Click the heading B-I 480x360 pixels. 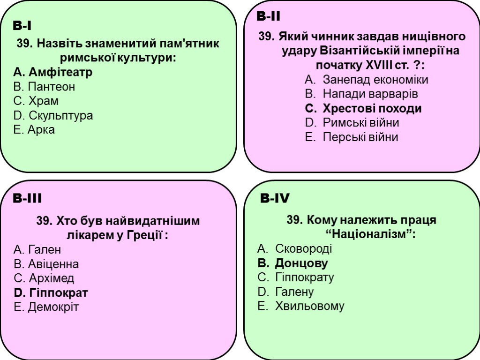22,25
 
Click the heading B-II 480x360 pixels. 269,17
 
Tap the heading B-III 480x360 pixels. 27,199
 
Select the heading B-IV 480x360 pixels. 275,199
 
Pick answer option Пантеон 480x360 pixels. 45,87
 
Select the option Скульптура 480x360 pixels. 53,115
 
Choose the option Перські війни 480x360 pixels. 352,137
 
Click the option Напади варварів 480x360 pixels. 361,94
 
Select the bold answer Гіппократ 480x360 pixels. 51,293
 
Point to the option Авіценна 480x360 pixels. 46,264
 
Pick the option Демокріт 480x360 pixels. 46,307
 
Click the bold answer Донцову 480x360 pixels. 293,263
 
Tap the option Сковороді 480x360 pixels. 295,248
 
